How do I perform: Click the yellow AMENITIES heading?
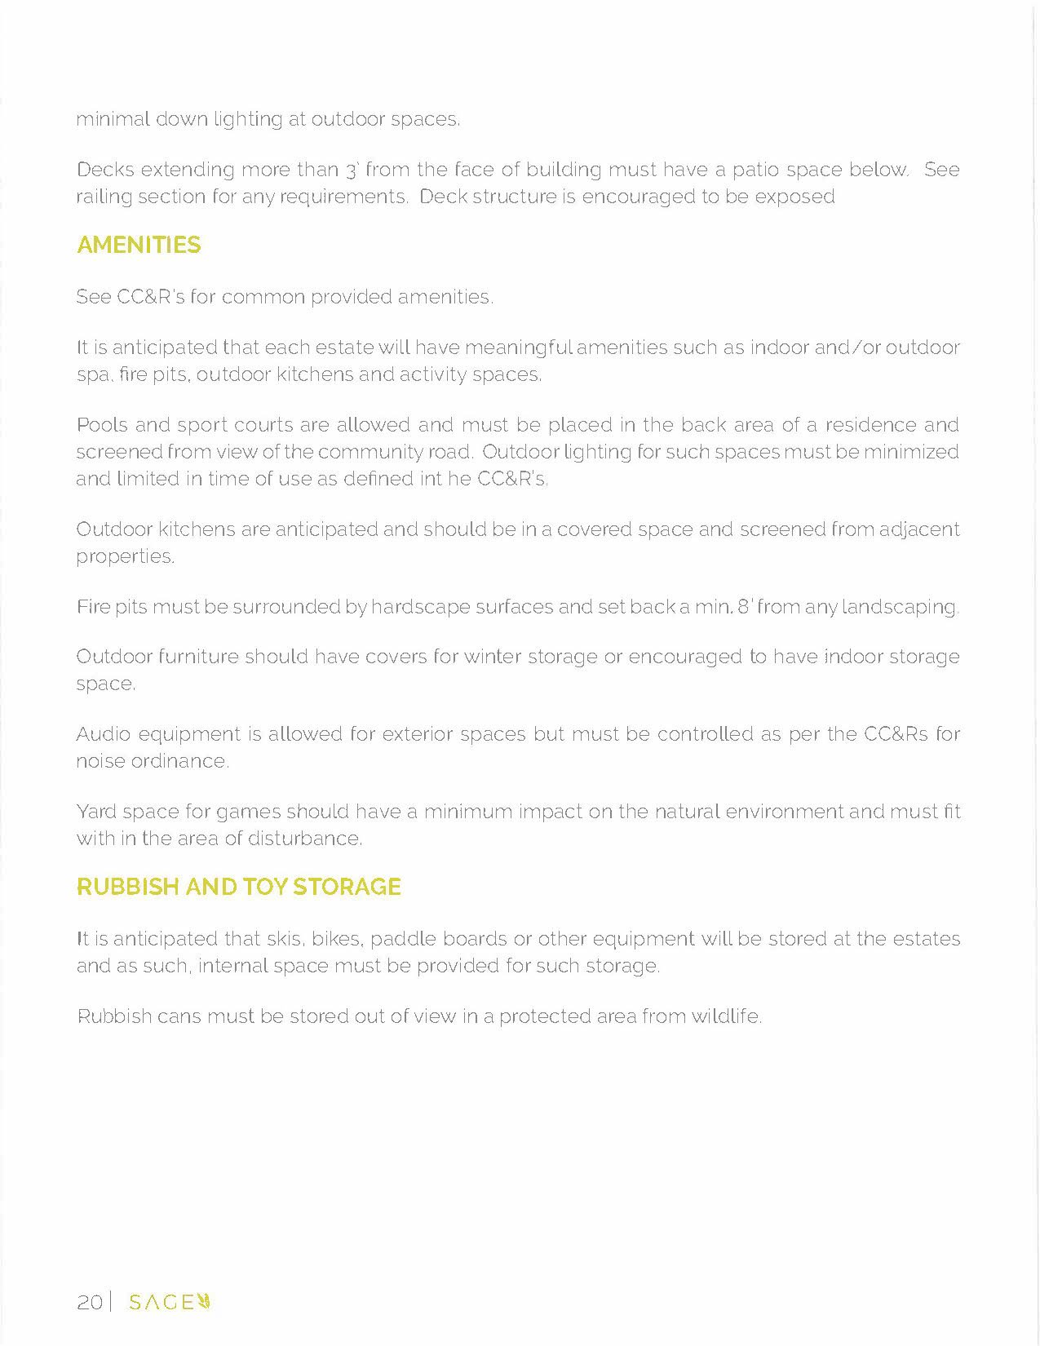139,245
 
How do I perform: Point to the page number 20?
89,1302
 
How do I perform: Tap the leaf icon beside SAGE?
206,1301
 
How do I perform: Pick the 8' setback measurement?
744,607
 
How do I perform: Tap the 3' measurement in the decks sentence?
352,170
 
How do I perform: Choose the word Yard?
95,812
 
